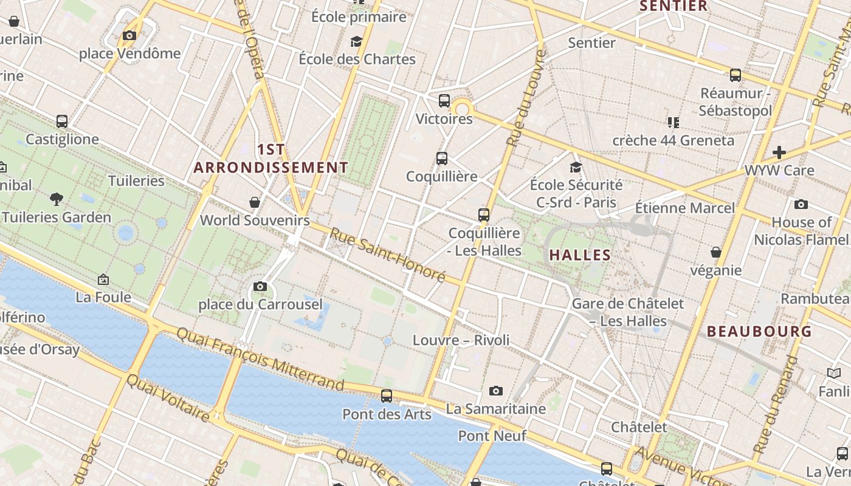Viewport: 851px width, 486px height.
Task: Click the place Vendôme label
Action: (x=129, y=53)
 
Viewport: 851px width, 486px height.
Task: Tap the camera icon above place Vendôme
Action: (x=129, y=36)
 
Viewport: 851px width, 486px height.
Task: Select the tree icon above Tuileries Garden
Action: (x=57, y=199)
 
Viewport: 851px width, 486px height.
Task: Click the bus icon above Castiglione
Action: (x=62, y=122)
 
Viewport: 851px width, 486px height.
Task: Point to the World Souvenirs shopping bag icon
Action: (x=255, y=202)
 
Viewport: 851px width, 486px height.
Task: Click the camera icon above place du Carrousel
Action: (x=260, y=286)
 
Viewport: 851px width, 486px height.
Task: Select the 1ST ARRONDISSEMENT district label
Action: (x=271, y=159)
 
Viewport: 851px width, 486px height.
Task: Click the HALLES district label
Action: (x=580, y=255)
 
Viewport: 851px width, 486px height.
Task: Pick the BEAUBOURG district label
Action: (x=759, y=332)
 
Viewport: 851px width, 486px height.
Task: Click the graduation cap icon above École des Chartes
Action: (x=356, y=41)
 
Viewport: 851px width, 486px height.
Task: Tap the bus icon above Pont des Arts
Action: (x=387, y=396)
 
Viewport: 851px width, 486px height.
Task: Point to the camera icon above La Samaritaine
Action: (x=496, y=391)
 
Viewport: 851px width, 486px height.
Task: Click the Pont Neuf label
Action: (x=492, y=436)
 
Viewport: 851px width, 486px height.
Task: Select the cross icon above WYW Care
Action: (x=779, y=152)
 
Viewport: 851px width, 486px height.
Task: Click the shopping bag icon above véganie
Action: (x=716, y=252)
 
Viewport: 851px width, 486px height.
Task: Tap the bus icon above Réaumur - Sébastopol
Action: (x=736, y=76)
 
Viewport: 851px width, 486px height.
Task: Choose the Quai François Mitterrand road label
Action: (x=260, y=358)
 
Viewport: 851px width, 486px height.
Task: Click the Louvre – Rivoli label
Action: (x=461, y=340)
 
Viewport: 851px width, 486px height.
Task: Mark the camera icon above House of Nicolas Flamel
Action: (x=801, y=205)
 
